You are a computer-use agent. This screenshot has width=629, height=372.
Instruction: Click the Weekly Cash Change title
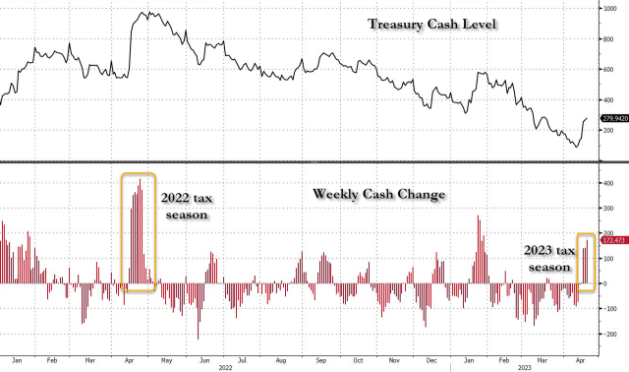378,194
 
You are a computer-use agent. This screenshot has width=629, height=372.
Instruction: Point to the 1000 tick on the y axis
609,8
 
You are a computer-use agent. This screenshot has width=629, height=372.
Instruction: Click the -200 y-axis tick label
609,335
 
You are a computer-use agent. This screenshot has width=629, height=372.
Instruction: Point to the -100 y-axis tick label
609,309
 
